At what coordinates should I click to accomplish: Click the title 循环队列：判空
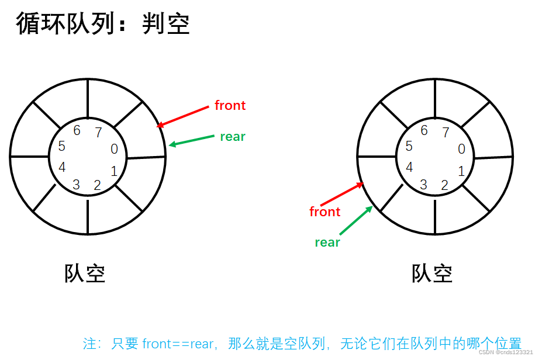(x=103, y=24)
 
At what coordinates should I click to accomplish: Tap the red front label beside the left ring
(x=230, y=106)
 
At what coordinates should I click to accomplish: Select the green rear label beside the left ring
(x=232, y=137)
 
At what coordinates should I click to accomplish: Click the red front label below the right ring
(x=324, y=212)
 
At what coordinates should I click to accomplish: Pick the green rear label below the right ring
(x=327, y=243)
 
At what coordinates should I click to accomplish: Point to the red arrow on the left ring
(x=183, y=116)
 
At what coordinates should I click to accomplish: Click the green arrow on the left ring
(x=192, y=140)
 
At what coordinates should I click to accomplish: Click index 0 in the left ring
(x=114, y=150)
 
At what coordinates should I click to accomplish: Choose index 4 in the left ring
(x=62, y=167)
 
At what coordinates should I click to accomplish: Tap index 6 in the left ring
(x=77, y=131)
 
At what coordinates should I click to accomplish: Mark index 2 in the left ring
(x=97, y=186)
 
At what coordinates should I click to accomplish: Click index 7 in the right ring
(x=446, y=133)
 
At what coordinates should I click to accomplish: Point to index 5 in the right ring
(x=409, y=147)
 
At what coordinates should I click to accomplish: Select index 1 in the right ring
(x=461, y=171)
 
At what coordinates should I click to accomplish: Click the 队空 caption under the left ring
(x=85, y=274)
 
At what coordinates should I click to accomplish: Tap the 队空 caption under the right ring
(x=432, y=274)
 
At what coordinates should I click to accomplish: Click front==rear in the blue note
(x=178, y=344)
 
